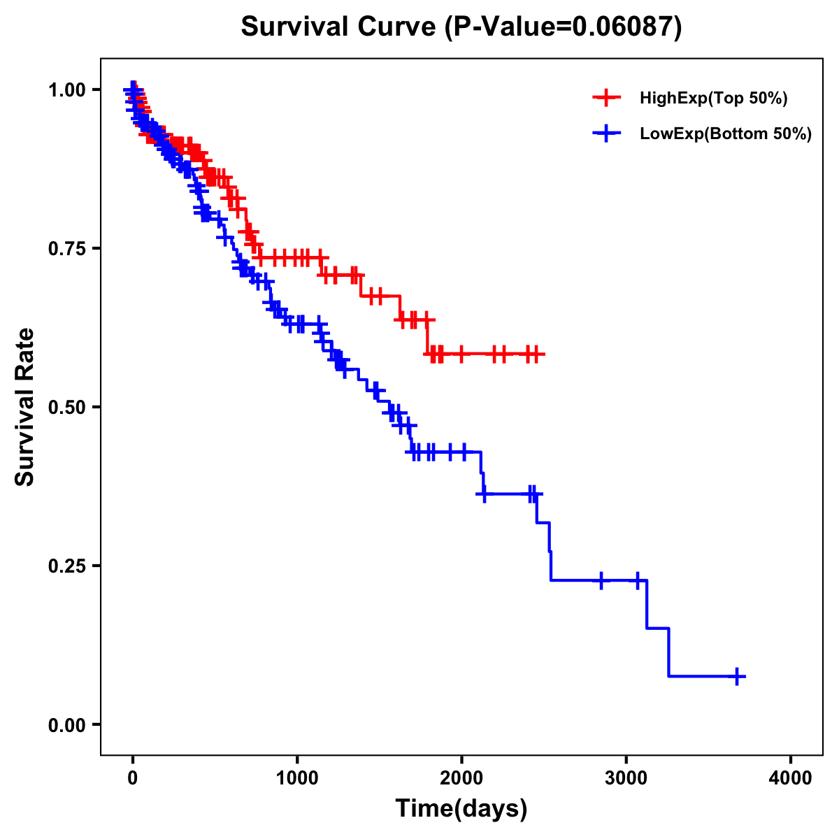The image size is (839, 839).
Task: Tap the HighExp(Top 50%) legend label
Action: (x=714, y=99)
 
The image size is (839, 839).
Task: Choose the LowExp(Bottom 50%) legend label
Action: (x=726, y=134)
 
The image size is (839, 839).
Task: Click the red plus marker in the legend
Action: (x=606, y=98)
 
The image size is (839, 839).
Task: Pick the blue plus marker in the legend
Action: (x=606, y=134)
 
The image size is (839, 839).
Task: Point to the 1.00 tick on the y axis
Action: (x=66, y=89)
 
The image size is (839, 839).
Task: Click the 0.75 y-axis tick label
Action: (x=66, y=248)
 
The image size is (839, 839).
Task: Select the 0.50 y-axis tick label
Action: (x=66, y=407)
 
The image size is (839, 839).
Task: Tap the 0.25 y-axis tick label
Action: (x=66, y=566)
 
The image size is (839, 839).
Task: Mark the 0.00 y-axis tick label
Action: (x=66, y=724)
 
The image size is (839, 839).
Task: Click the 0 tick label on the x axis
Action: (x=133, y=778)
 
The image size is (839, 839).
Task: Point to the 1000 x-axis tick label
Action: (x=297, y=778)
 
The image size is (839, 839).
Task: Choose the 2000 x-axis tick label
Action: (x=461, y=778)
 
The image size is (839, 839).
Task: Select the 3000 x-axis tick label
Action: (x=626, y=778)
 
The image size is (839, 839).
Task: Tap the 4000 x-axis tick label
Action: (x=791, y=778)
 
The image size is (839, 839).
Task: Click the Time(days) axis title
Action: (x=461, y=809)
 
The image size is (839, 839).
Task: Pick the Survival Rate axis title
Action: (x=25, y=407)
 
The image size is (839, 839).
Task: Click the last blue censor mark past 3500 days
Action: (x=737, y=676)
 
